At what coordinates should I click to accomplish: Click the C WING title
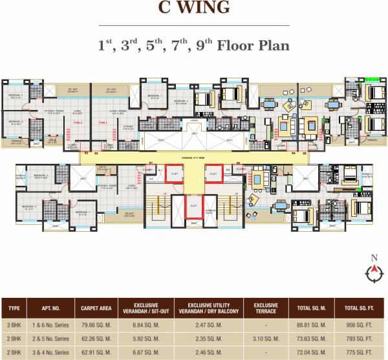coord(193,8)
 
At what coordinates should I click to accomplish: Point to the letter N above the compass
coord(373,258)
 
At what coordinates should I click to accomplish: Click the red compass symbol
coord(373,275)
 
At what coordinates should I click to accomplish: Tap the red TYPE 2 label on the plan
coord(78,122)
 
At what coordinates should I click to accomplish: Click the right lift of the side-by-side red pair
coord(213,174)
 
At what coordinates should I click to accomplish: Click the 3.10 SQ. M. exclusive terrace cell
coord(266,337)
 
